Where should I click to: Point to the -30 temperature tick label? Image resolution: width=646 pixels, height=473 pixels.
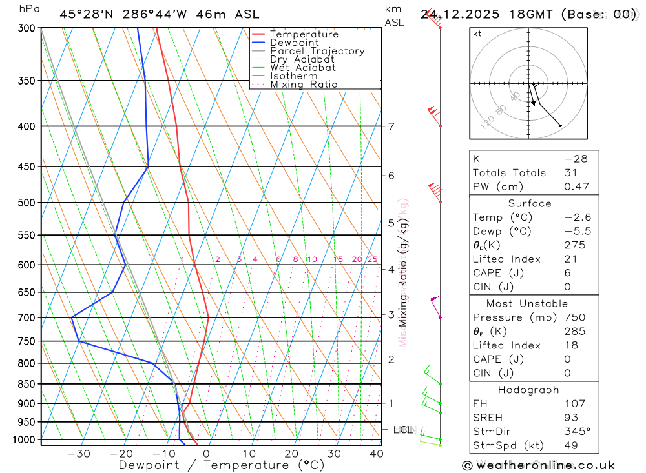click(x=79, y=454)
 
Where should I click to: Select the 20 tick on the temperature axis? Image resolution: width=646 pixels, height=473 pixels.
click(x=291, y=454)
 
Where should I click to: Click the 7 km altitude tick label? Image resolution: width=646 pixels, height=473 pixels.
click(x=391, y=126)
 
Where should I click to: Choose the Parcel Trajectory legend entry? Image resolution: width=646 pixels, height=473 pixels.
click(x=317, y=51)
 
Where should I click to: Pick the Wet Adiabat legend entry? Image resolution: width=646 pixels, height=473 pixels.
click(x=303, y=68)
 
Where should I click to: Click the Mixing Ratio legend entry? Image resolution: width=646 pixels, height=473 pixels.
click(x=304, y=85)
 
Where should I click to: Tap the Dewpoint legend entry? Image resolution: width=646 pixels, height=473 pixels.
click(x=295, y=43)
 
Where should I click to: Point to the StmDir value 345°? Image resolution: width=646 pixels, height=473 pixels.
click(x=577, y=432)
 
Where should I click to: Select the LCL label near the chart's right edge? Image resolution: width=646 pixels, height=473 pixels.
click(x=402, y=429)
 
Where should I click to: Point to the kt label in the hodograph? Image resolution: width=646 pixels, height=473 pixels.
click(x=477, y=34)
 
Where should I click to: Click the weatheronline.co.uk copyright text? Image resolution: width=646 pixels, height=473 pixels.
click(x=538, y=465)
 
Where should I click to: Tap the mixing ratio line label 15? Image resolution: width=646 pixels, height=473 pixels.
click(x=339, y=259)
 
